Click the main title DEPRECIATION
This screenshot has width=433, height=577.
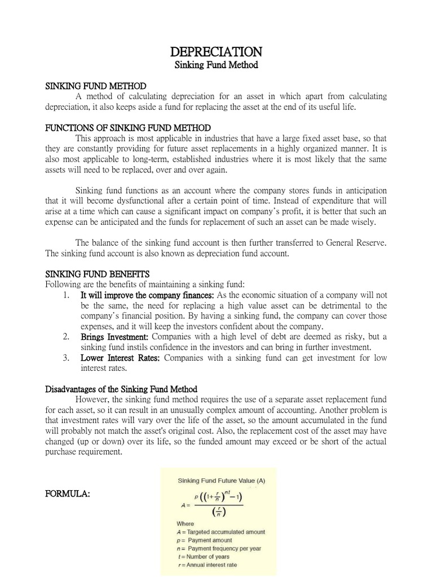(216, 52)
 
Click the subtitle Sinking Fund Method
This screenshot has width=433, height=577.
(216, 65)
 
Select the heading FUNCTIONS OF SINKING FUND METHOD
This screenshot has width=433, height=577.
(128, 128)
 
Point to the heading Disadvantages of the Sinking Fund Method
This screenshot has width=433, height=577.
(121, 389)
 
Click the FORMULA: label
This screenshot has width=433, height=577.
(67, 494)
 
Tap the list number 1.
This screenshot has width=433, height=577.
(66, 295)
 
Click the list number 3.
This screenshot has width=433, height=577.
(66, 358)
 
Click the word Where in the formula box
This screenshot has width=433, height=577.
(187, 523)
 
